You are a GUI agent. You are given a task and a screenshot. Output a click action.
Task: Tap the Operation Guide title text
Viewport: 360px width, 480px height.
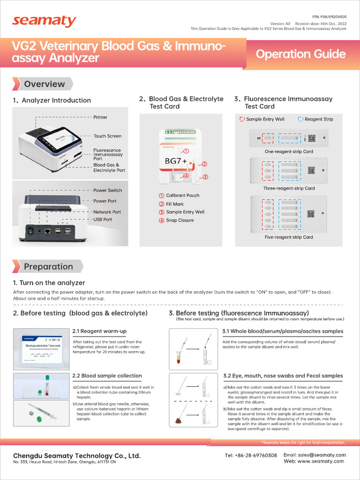pos(300,54)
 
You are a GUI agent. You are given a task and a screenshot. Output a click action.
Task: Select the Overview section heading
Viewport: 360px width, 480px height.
pos(45,84)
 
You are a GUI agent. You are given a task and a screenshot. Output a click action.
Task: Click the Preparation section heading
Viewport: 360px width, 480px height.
pos(48,267)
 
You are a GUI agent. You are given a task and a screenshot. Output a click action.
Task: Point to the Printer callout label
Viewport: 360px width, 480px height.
pos(100,117)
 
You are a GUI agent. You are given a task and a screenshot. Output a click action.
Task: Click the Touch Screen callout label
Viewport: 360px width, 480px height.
pos(107,136)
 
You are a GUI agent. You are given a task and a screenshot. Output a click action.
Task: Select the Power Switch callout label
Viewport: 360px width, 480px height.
pos(107,190)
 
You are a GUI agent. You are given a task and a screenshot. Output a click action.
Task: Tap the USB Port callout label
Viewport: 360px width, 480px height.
pos(103,219)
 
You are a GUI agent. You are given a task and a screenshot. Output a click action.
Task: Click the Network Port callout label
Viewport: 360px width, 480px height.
pos(107,212)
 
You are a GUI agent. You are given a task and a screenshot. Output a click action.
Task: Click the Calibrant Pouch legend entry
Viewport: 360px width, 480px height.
pos(182,195)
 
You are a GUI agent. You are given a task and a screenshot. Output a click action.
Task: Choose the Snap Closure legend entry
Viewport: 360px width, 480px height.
pos(180,220)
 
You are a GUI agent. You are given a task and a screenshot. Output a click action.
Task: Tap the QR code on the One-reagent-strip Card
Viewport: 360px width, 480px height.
pos(311,138)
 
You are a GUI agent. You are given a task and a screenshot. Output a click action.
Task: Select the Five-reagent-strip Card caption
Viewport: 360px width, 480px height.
pos(288,237)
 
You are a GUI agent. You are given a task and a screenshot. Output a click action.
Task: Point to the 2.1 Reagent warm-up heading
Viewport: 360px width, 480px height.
pos(99,331)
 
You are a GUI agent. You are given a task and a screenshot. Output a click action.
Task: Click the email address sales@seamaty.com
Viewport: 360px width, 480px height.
pos(315,455)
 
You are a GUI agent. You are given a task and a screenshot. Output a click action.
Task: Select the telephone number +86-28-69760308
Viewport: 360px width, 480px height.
pos(251,455)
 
